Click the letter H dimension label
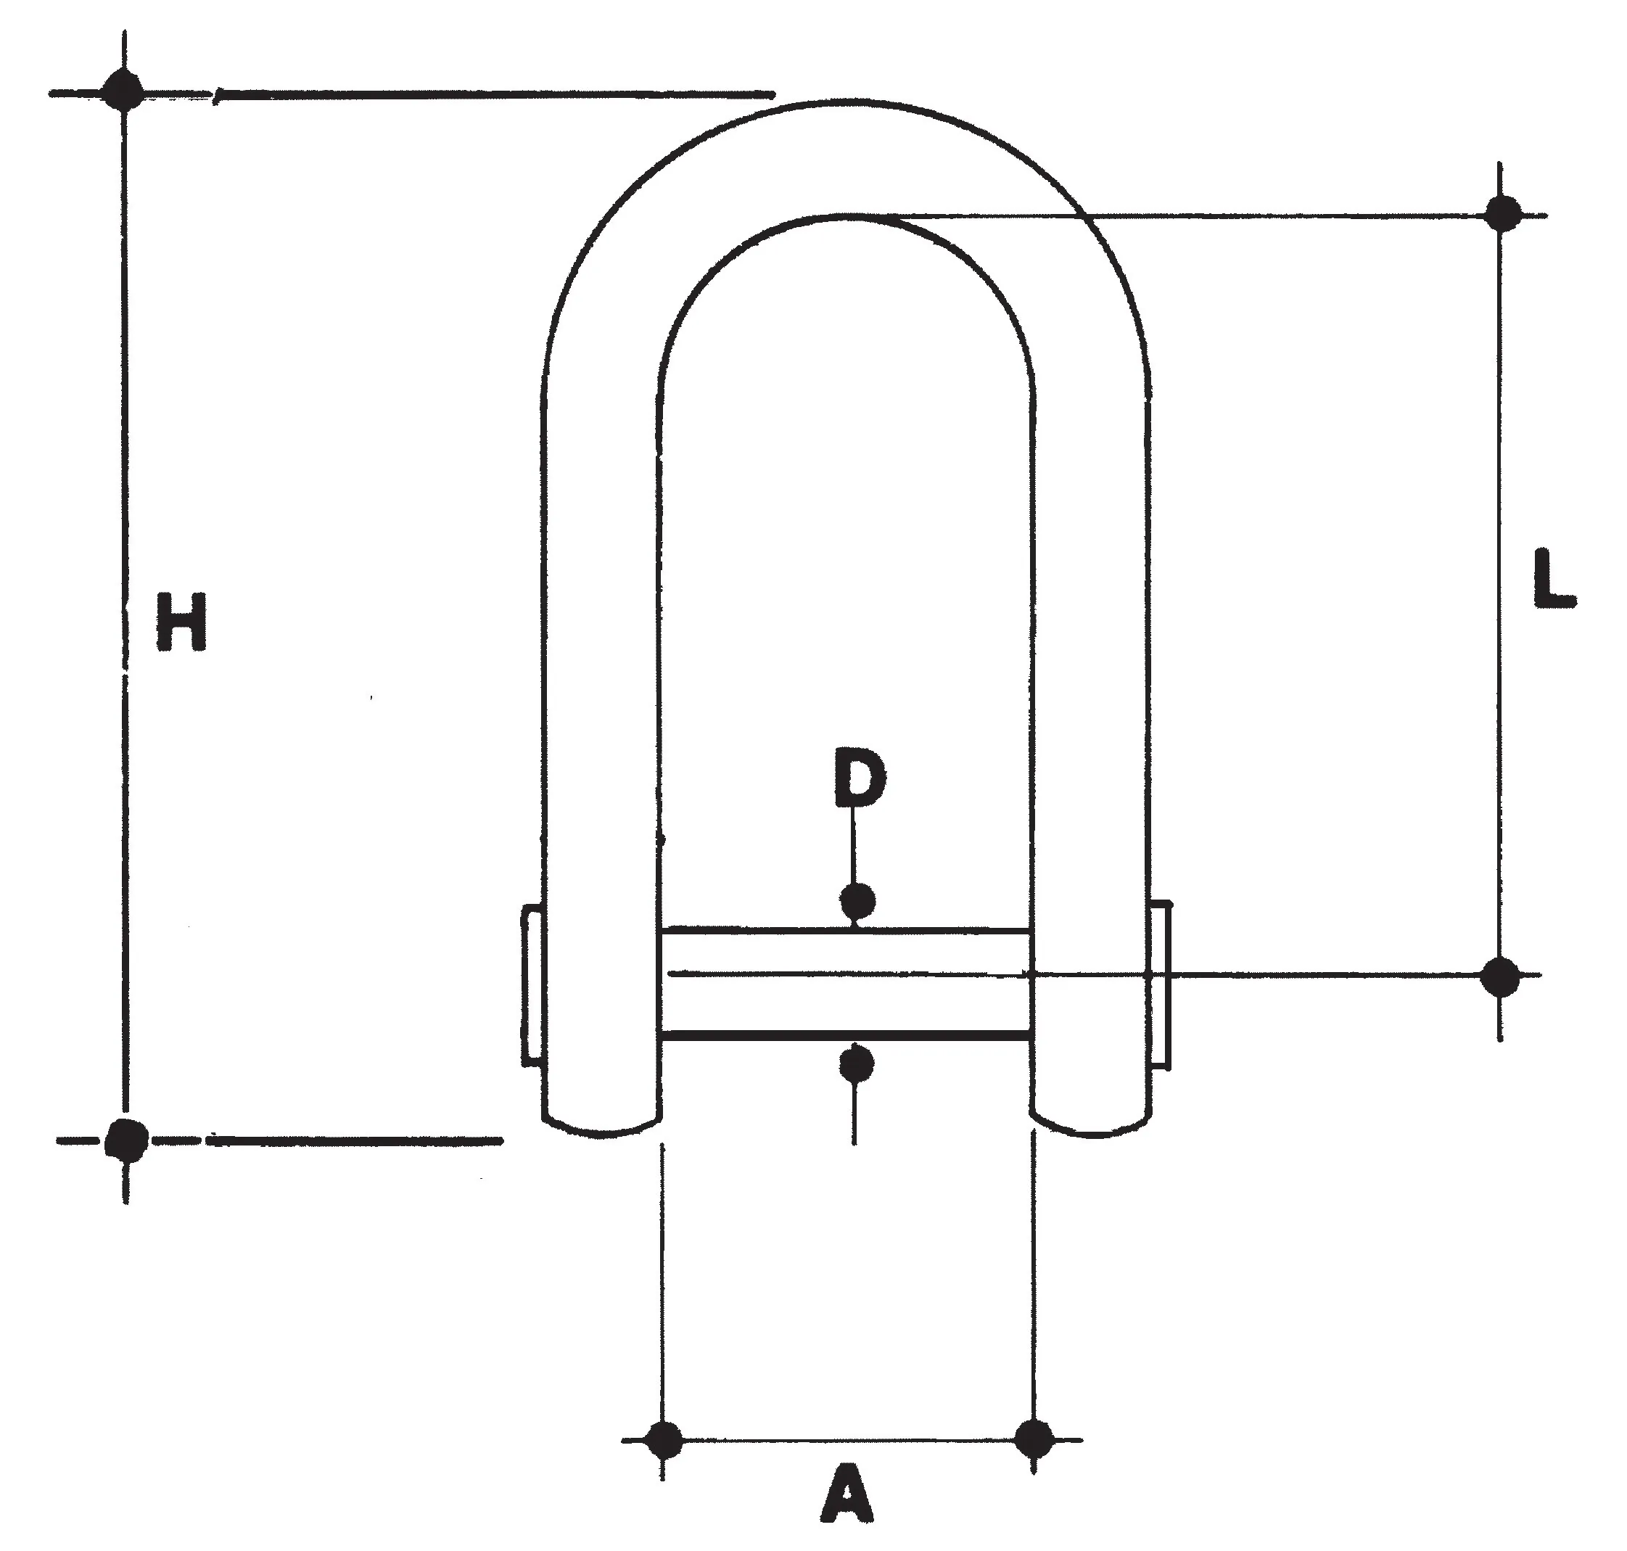click(181, 621)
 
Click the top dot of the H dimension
click(124, 90)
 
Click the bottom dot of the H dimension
click(126, 1140)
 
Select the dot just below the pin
click(857, 1064)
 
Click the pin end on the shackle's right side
click(1159, 983)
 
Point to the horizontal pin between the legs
click(845, 982)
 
